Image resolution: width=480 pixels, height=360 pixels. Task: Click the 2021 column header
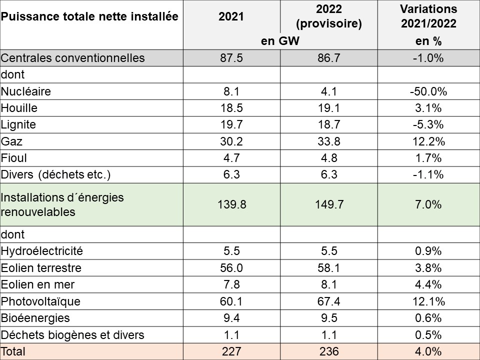(231, 16)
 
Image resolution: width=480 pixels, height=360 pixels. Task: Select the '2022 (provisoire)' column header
(328, 16)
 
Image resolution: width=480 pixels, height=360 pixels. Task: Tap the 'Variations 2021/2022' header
(428, 16)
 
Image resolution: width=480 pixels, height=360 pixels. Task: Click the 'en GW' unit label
(280, 41)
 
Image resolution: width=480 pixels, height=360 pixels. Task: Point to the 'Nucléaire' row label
(26, 91)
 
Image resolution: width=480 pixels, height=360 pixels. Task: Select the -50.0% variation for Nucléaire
(428, 91)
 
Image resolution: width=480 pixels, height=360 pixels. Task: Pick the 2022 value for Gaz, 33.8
(328, 141)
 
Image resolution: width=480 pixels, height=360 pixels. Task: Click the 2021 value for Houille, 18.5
(231, 108)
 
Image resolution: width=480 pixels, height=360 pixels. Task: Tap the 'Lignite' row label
(18, 125)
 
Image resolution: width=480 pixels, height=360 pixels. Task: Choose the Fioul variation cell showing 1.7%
(428, 158)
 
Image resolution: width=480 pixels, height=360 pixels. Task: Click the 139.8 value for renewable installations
(231, 204)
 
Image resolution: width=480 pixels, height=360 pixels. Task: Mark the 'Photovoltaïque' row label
(40, 301)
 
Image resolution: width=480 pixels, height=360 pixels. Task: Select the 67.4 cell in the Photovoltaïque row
(328, 301)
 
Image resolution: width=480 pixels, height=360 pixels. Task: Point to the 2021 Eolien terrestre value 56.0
(231, 268)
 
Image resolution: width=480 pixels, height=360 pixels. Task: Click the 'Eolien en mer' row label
(37, 284)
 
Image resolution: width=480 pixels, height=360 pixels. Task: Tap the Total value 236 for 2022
(328, 351)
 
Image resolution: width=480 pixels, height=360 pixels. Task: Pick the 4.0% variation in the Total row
(428, 351)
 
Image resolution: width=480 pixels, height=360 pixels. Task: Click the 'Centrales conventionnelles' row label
(72, 58)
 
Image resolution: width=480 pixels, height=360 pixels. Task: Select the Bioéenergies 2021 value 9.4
(231, 318)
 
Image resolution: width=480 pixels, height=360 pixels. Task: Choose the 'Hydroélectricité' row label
(42, 251)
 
